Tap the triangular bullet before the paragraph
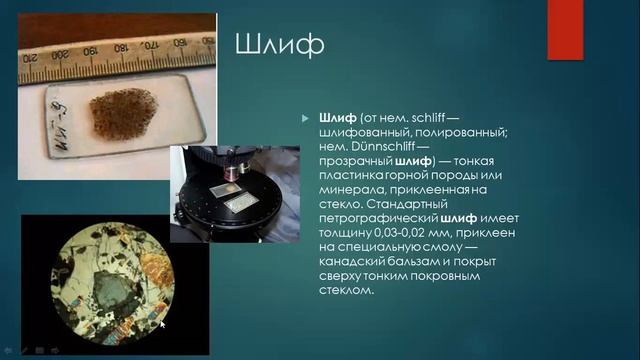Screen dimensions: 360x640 point(307,118)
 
